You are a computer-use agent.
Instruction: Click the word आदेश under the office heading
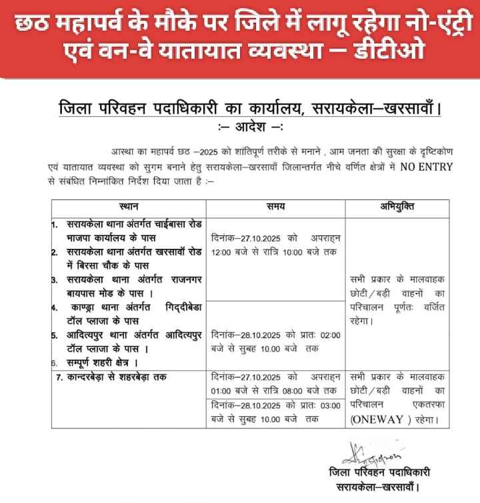pyautogui.click(x=247, y=128)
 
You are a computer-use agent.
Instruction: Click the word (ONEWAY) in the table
pyautogui.click(x=377, y=420)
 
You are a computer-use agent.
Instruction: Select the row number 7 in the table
pyautogui.click(x=59, y=378)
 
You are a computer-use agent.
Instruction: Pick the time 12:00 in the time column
pyautogui.click(x=221, y=251)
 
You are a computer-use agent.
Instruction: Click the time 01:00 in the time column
pyautogui.click(x=221, y=390)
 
